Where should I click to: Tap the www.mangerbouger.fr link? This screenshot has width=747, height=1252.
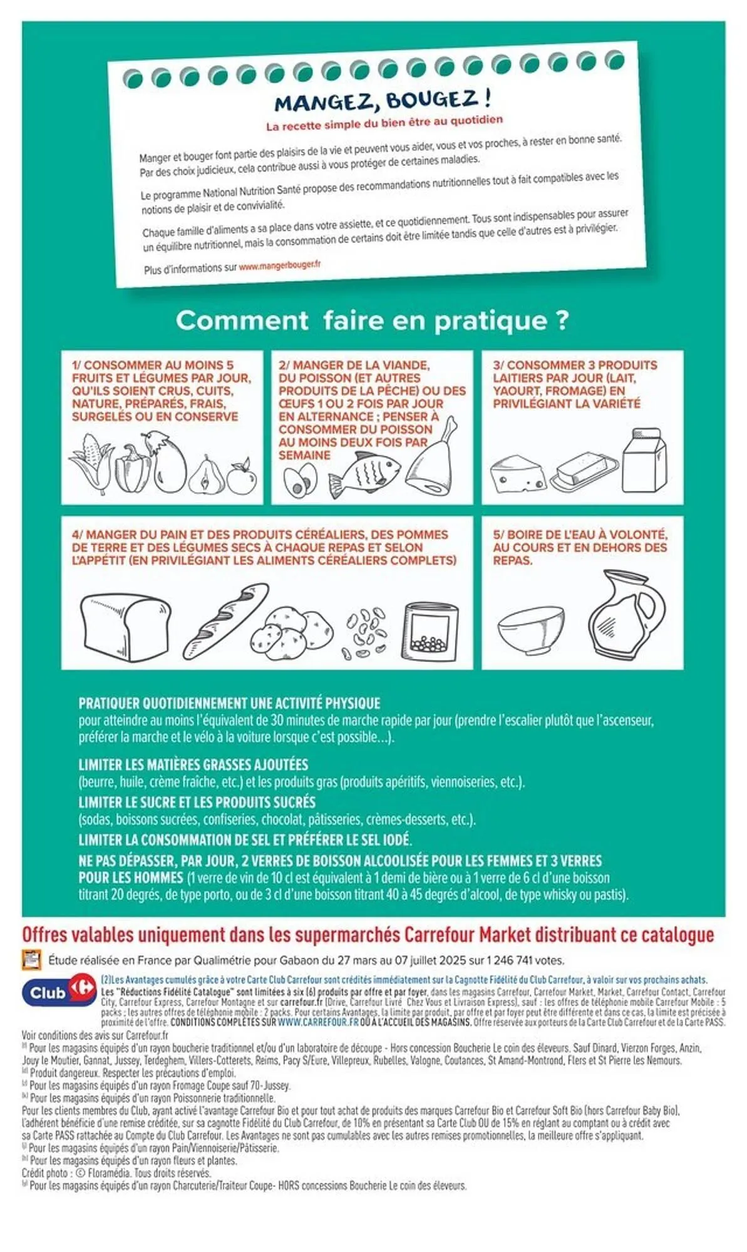(279, 265)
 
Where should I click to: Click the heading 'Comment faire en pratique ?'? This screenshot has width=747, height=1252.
(372, 321)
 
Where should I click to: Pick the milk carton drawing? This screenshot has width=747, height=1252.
(644, 460)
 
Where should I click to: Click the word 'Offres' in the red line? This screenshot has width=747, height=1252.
(44, 935)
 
